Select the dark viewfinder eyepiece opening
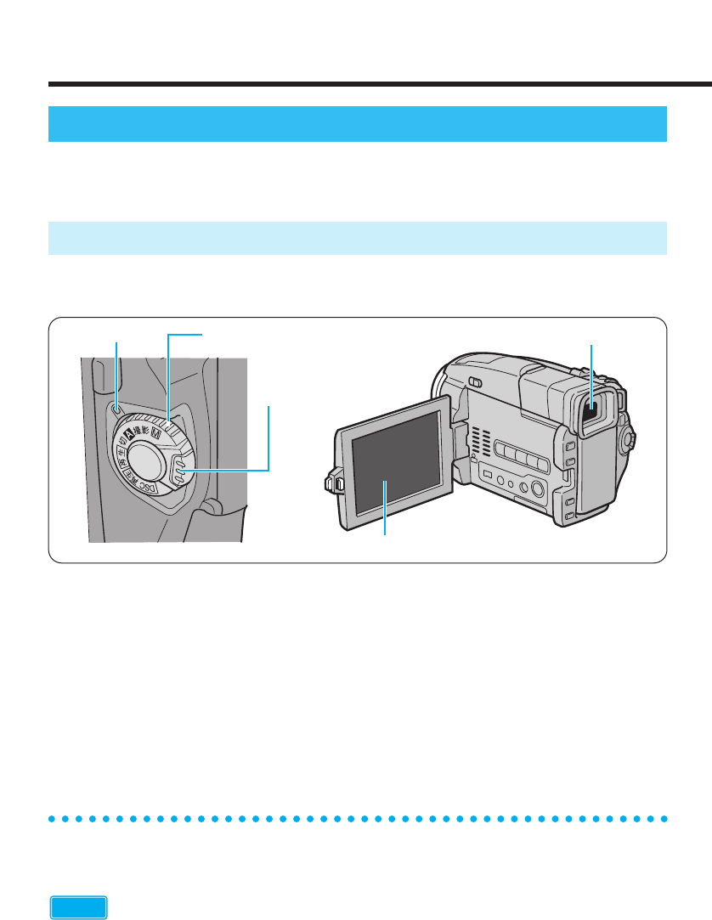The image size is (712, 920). (x=593, y=413)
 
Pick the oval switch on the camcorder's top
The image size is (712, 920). (x=476, y=382)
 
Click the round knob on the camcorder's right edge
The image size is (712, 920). (x=629, y=439)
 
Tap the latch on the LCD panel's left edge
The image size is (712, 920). (x=333, y=483)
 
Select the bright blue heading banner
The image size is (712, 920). (x=357, y=124)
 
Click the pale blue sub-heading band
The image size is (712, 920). (x=357, y=238)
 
